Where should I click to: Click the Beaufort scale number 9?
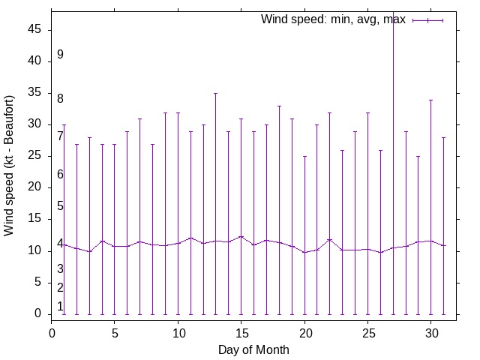[x=60, y=55]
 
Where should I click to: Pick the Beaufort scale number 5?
[x=60, y=206]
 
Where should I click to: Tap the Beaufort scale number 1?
[x=60, y=306]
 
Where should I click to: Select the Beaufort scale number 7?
[x=60, y=136]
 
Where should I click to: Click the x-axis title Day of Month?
[x=253, y=349]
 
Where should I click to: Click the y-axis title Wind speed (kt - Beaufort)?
[x=10, y=166]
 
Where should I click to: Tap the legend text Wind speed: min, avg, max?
[x=333, y=19]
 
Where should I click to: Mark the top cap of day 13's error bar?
[x=215, y=93]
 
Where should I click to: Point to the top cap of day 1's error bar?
[x=64, y=124]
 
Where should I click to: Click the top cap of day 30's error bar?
[x=430, y=100]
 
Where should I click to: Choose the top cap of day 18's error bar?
[x=279, y=106]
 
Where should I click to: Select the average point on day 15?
[x=241, y=236]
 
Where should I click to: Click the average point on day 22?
[x=329, y=239]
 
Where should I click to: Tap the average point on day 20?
[x=304, y=252]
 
